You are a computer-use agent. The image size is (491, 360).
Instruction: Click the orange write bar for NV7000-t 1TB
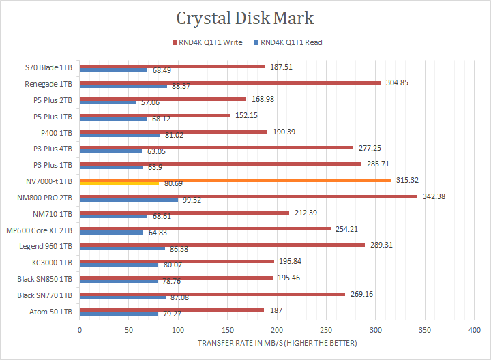(235, 180)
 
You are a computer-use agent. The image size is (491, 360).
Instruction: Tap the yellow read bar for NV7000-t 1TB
(119, 184)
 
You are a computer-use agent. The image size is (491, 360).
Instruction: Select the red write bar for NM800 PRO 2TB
(248, 196)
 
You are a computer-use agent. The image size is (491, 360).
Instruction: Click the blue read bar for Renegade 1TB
(123, 86)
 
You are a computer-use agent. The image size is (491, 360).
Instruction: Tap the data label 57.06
(151, 102)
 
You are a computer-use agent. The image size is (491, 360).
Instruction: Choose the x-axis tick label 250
(326, 331)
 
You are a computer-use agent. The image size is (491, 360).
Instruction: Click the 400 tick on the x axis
(474, 331)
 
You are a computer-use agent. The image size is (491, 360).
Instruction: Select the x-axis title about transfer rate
(277, 343)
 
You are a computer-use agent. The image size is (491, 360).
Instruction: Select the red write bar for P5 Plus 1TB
(155, 115)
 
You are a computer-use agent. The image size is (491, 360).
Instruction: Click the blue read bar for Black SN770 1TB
(123, 297)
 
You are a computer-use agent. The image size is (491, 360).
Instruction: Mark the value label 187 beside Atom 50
(276, 310)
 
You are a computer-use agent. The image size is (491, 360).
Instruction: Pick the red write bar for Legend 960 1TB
(222, 245)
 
